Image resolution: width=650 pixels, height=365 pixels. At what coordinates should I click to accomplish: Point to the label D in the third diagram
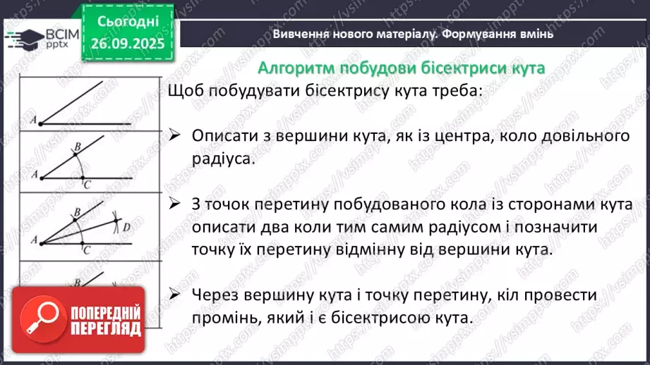(x=126, y=227)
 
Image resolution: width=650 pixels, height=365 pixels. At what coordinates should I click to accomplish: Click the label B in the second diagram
(x=77, y=146)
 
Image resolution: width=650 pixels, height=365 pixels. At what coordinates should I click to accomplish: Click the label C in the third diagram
(x=84, y=249)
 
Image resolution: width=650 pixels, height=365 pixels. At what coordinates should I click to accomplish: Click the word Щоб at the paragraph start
(x=183, y=92)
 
